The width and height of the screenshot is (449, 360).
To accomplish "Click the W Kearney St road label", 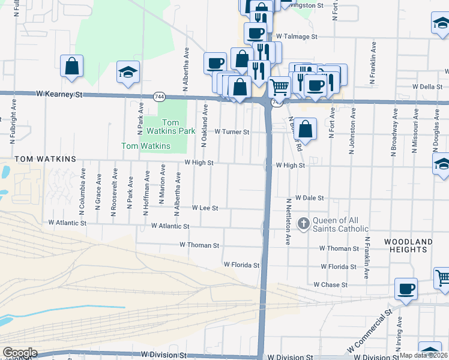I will tap(59, 95).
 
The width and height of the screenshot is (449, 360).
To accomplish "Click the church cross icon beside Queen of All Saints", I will tap(304, 224).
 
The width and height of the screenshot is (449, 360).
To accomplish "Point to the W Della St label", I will tap(427, 86).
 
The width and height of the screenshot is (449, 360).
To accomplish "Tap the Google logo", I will tap(19, 353).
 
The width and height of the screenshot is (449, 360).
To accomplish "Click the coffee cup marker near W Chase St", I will tap(406, 289).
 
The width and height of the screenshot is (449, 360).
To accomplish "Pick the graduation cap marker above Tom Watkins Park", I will tap(128, 73).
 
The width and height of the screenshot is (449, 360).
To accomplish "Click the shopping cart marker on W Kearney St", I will tap(279, 88).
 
